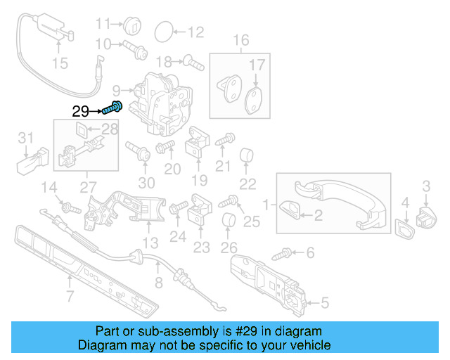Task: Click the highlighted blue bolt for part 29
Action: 112,108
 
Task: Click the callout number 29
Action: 80,111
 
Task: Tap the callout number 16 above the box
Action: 241,40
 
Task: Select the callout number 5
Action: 324,304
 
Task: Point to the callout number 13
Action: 150,243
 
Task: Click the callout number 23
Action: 202,247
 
